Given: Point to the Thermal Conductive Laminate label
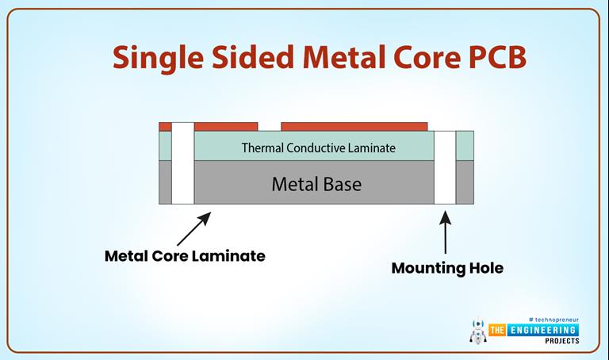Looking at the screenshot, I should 318,147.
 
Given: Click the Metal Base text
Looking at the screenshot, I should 316,184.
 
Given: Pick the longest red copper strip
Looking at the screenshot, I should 354,126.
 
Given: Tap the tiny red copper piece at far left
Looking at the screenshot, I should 165,126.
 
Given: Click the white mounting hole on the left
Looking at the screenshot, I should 183,163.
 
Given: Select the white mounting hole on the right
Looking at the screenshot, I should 445,167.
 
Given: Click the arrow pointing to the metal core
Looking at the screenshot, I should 193,228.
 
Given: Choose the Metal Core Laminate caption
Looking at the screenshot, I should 185,256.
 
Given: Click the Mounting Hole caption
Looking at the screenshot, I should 447,268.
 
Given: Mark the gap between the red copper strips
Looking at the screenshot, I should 270,126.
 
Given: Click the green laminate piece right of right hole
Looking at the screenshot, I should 465,146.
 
